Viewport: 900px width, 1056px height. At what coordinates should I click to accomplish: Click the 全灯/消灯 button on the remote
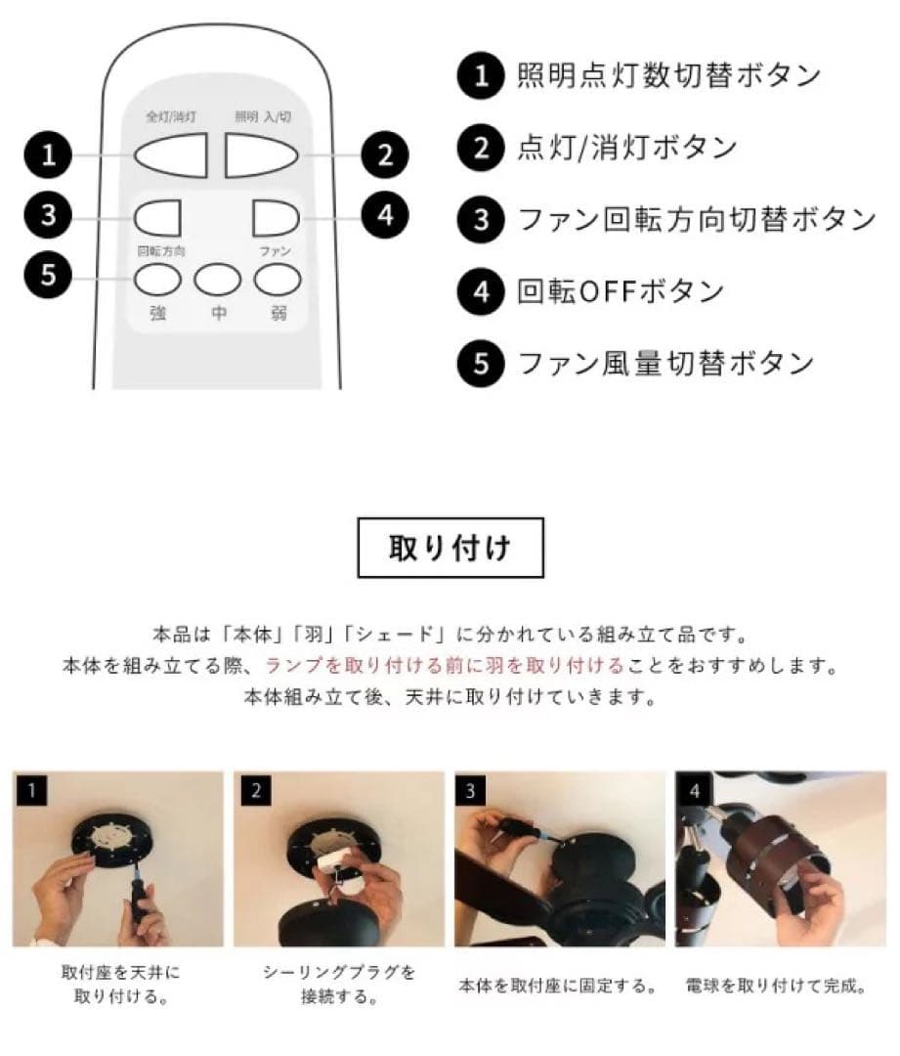click(171, 154)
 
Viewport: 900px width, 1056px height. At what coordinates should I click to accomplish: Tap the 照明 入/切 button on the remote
click(263, 154)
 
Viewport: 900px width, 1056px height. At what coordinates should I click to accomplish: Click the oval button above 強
click(157, 281)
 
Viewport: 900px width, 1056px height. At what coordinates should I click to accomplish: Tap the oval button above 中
click(217, 281)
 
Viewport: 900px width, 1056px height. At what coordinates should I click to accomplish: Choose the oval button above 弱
click(277, 281)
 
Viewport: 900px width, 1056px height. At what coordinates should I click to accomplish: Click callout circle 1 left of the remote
click(50, 154)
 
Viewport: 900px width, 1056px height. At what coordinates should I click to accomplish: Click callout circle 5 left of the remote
click(50, 276)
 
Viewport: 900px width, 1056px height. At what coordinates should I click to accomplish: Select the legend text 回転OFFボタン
click(621, 291)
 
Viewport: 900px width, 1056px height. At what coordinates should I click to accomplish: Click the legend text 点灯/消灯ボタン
click(626, 149)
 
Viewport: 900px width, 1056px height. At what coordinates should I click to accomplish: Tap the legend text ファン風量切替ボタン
click(665, 363)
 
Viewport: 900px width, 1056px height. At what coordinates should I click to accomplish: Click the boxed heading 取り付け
click(450, 548)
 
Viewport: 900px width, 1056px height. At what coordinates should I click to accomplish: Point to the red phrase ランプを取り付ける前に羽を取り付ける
click(444, 666)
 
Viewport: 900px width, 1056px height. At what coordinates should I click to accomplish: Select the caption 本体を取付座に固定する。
click(558, 985)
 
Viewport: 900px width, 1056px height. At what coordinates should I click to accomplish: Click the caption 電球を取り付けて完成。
click(777, 985)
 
